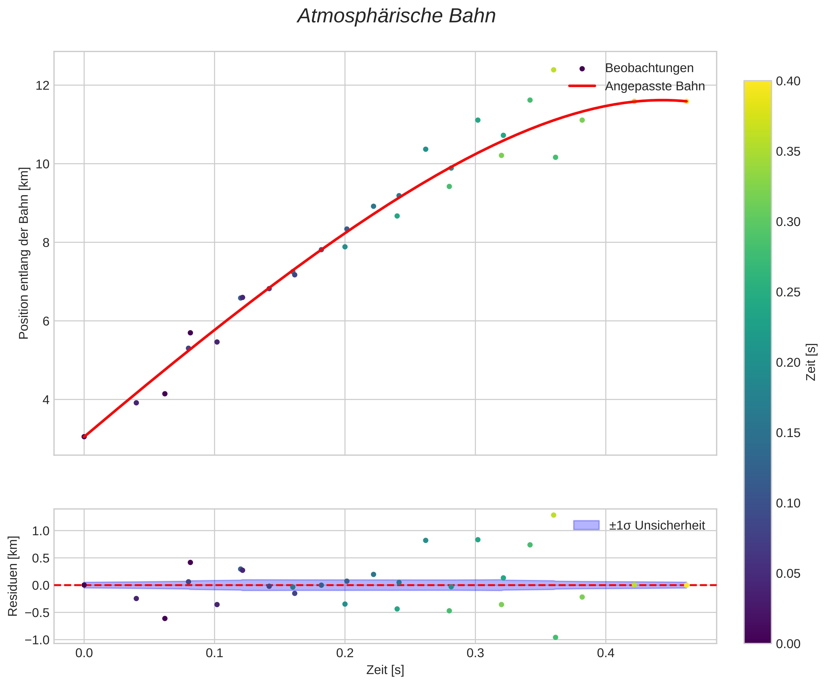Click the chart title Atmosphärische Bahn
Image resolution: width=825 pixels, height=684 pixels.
click(x=396, y=16)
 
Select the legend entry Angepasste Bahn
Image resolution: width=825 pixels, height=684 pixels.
click(x=654, y=86)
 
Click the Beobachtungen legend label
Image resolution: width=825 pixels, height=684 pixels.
click(x=649, y=68)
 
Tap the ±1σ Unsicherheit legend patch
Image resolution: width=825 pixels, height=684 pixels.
click(x=586, y=525)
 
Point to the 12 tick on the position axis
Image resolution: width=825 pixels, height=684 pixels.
click(x=42, y=86)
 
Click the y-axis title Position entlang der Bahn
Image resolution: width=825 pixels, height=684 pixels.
click(x=24, y=253)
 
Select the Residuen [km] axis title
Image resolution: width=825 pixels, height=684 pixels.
click(x=13, y=576)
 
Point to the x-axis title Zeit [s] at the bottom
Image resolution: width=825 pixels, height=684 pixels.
click(x=385, y=670)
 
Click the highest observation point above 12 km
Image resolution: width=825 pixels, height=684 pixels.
click(x=554, y=70)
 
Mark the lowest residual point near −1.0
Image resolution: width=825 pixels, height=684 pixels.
click(x=555, y=637)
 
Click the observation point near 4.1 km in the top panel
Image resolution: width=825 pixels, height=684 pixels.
click(x=165, y=394)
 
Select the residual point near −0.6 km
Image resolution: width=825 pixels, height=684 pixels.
click(x=165, y=619)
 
